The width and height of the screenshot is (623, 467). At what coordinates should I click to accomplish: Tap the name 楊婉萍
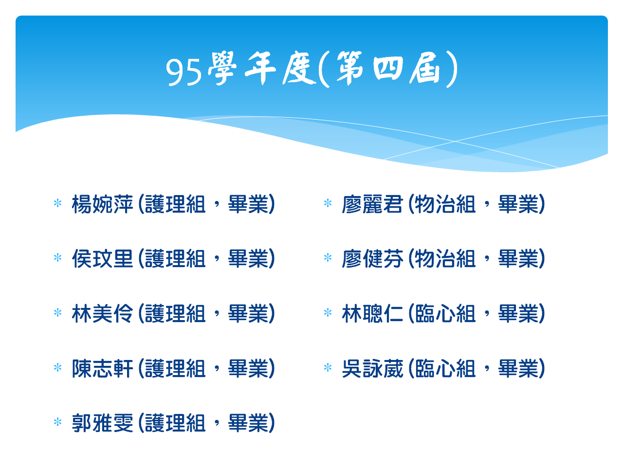pyautogui.click(x=103, y=204)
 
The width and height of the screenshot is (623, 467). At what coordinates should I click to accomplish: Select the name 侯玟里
pyautogui.click(x=103, y=259)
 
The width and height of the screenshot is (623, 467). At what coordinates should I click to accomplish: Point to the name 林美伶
pyautogui.click(x=103, y=313)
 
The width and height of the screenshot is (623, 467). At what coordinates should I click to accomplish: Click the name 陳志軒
pyautogui.click(x=103, y=368)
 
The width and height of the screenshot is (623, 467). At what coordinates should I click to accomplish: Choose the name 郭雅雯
pyautogui.click(x=103, y=423)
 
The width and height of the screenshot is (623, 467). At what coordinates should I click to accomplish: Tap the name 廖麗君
pyautogui.click(x=372, y=204)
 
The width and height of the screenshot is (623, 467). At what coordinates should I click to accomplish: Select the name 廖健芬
pyautogui.click(x=372, y=259)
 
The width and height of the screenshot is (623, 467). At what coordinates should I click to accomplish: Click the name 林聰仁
pyautogui.click(x=372, y=313)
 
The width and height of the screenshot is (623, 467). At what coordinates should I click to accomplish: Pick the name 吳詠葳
pyautogui.click(x=372, y=368)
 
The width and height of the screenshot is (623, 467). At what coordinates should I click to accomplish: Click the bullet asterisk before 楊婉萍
pyautogui.click(x=57, y=203)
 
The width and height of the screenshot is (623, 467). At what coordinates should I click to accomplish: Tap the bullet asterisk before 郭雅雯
pyautogui.click(x=57, y=422)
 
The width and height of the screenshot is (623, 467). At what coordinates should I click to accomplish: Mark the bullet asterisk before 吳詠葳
pyautogui.click(x=328, y=367)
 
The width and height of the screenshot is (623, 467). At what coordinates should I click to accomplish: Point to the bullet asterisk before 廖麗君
pyautogui.click(x=328, y=203)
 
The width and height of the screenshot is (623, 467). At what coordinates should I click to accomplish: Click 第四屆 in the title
pyautogui.click(x=388, y=69)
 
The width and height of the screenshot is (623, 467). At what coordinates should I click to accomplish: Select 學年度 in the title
pyautogui.click(x=261, y=69)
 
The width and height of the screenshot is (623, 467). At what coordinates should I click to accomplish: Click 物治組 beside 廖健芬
pyautogui.click(x=445, y=259)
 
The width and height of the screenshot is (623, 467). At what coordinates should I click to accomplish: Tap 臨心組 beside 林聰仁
pyautogui.click(x=445, y=313)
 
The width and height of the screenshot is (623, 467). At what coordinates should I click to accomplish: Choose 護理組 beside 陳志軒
pyautogui.click(x=175, y=368)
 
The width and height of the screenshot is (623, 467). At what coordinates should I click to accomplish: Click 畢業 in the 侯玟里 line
pyautogui.click(x=248, y=259)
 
